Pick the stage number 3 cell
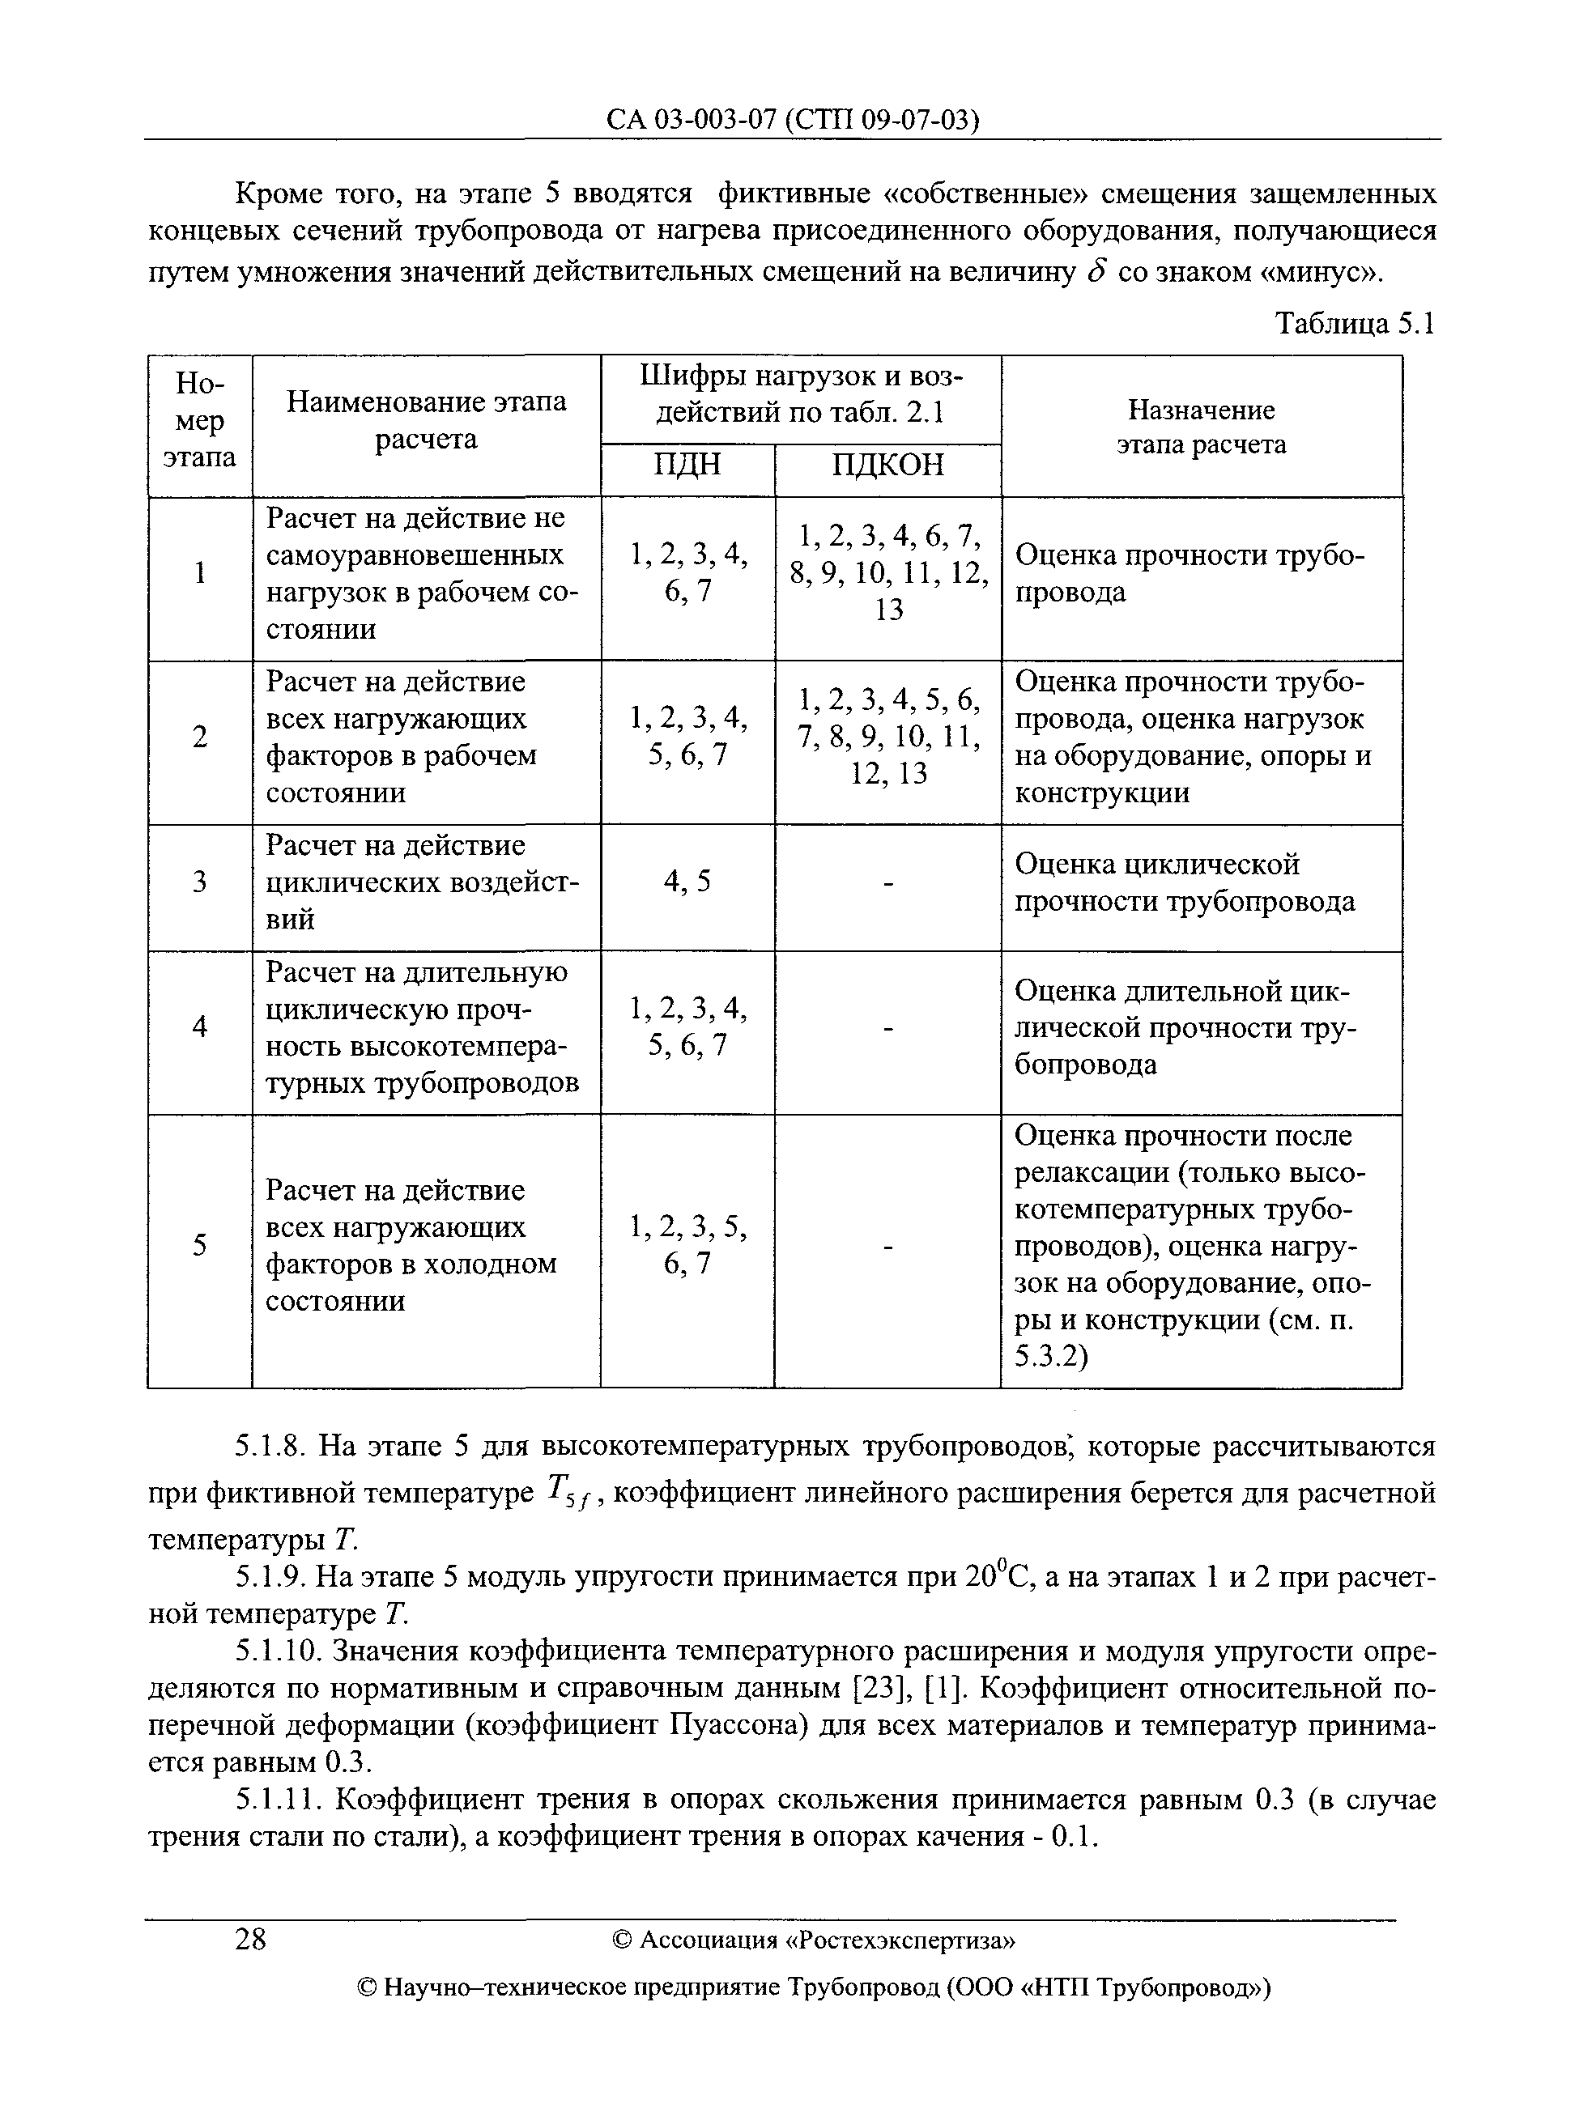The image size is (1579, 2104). [199, 882]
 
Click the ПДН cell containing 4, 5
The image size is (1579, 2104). [687, 882]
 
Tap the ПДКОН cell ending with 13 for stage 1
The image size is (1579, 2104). [887, 572]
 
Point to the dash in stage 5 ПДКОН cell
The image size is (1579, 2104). [887, 1245]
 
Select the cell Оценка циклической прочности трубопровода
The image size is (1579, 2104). [1184, 882]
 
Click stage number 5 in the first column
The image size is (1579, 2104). [199, 1245]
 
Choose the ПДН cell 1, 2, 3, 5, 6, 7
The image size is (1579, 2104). [687, 1245]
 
